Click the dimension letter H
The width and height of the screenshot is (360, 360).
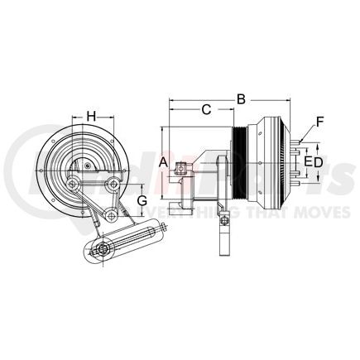pos(93,116)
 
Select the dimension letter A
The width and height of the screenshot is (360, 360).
pos(164,162)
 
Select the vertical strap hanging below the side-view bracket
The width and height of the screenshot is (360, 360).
pos(223,233)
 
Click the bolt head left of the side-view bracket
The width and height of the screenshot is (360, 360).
pos(178,172)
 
